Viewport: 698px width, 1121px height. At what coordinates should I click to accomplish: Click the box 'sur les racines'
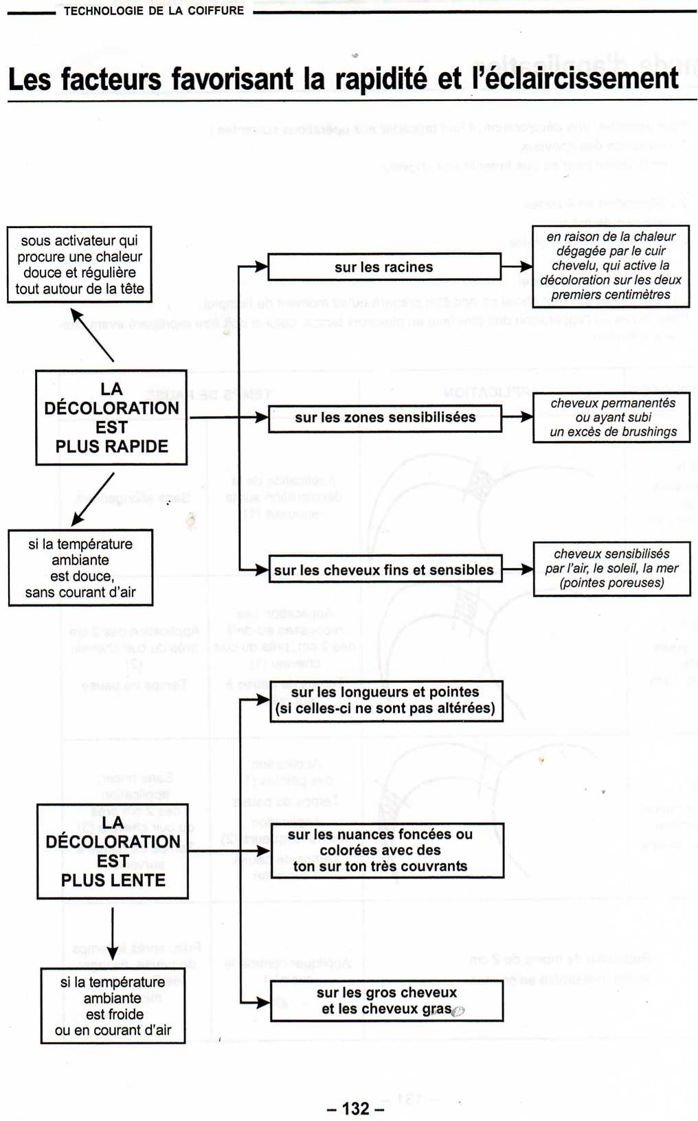point(384,267)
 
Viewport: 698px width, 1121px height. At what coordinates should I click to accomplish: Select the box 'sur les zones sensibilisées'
point(385,418)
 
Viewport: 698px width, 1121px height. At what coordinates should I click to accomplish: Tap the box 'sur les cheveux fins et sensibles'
point(384,569)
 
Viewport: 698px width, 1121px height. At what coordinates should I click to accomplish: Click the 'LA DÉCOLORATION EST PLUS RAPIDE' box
point(111,418)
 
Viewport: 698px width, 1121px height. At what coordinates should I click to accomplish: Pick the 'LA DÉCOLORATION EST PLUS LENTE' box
point(113,851)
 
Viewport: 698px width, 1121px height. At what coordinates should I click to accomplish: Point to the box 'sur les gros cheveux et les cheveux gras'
point(387,1001)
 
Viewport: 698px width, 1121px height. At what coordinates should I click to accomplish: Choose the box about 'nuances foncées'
point(387,850)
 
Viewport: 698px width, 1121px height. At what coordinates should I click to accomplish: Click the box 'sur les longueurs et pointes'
point(386,701)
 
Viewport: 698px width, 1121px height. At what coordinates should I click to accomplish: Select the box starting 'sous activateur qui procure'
point(80,264)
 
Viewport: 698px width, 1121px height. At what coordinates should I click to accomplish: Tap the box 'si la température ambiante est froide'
point(113,1006)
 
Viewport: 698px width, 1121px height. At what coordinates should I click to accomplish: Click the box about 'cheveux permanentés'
point(611,418)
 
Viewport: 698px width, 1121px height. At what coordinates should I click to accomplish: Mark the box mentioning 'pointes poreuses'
point(611,569)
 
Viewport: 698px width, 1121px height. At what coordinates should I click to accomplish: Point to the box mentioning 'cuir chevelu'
point(611,266)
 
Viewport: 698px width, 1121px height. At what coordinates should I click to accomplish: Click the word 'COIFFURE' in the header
point(216,11)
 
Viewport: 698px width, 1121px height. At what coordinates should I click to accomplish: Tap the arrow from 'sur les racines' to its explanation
point(517,267)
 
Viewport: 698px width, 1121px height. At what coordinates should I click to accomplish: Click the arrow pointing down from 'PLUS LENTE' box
point(113,934)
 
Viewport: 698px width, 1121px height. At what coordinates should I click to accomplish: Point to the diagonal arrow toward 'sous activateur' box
point(93,335)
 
